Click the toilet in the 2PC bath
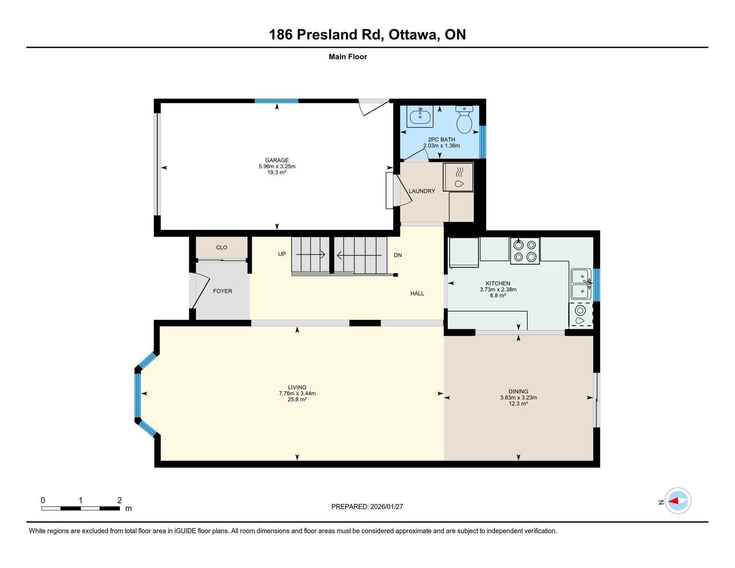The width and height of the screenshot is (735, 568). [464, 119]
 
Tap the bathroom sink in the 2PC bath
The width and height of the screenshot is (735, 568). [420, 116]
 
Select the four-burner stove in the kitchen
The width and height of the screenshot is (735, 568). [525, 251]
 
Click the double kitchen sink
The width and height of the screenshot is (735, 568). [581, 284]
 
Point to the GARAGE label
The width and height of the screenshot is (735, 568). [277, 160]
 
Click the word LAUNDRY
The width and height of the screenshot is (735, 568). [422, 191]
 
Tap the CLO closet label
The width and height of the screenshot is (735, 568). [222, 247]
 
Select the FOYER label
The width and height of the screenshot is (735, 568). [222, 291]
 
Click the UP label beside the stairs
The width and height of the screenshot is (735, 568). [282, 254]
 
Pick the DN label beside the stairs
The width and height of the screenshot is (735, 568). [398, 255]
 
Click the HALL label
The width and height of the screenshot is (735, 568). [417, 293]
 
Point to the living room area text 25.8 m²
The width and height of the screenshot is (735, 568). [297, 399]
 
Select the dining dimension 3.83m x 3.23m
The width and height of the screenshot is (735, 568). [518, 397]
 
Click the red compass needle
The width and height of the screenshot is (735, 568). [673, 501]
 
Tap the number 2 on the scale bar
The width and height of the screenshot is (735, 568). [119, 500]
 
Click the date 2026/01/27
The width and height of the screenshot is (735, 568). [387, 507]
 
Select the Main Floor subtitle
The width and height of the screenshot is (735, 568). [348, 57]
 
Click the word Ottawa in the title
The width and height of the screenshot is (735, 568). [414, 35]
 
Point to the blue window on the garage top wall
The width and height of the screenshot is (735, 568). [276, 101]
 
